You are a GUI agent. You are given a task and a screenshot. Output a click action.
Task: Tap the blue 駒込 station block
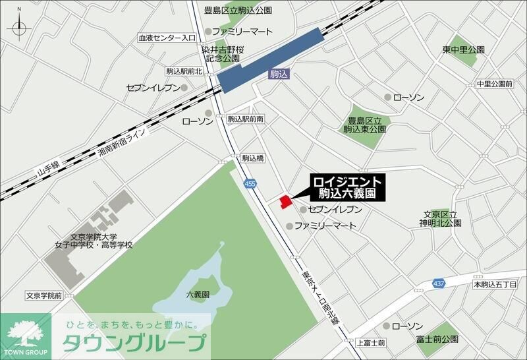(x=271, y=60)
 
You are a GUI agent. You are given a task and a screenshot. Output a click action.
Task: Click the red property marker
(x=285, y=200)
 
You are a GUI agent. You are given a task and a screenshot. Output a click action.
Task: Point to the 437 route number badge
(x=439, y=283)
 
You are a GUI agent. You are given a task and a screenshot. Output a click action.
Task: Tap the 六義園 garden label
(x=197, y=295)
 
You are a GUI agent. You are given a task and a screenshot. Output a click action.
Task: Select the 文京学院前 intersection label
(x=44, y=295)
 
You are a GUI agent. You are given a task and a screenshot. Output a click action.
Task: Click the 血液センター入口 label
(x=167, y=39)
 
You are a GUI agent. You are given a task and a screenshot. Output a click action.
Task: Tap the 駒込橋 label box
(x=252, y=158)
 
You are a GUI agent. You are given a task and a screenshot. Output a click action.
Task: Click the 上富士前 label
(x=371, y=343)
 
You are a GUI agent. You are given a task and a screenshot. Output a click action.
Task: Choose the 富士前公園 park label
(x=437, y=339)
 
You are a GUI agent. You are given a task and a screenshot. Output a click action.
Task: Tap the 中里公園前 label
(x=494, y=84)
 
